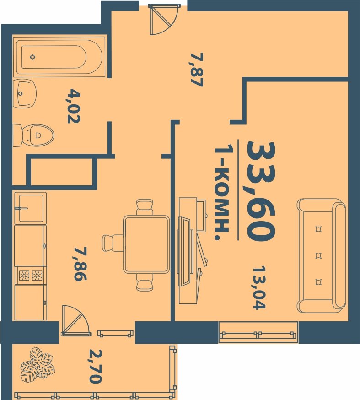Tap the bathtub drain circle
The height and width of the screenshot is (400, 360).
tap(32, 57)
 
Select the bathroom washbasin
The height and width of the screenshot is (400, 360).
tap(25, 93)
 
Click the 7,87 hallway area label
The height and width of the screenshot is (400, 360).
tap(197, 70)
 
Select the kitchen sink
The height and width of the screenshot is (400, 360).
tap(31, 208)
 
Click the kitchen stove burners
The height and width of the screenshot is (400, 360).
tap(31, 275)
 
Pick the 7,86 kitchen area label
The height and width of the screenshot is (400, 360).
tap(80, 264)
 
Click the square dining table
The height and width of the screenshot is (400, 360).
tap(146, 244)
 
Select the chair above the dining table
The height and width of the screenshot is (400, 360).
tap(145, 207)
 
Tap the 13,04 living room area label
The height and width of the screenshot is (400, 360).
tap(259, 288)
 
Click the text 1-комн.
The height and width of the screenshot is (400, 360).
tap(221, 193)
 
